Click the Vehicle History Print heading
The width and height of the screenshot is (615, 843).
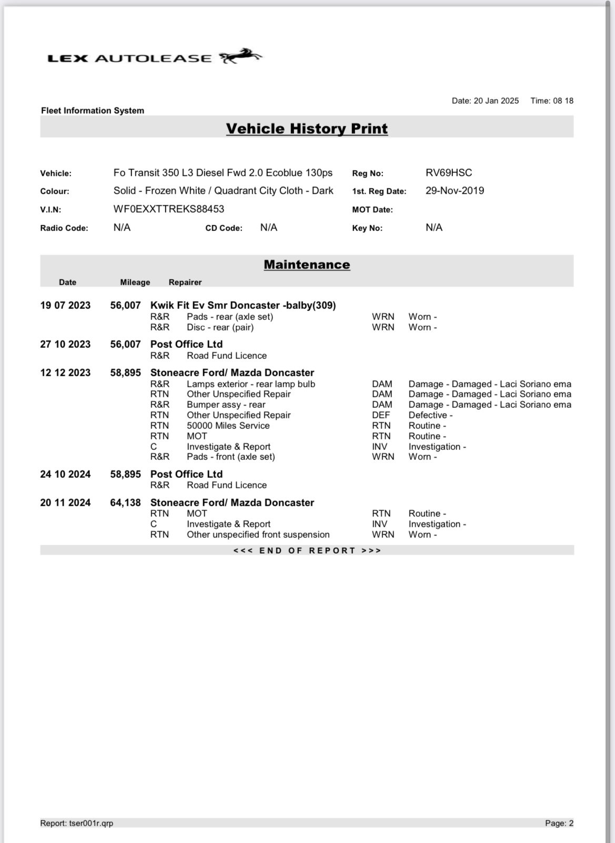[x=307, y=128]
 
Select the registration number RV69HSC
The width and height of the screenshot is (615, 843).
[x=449, y=173]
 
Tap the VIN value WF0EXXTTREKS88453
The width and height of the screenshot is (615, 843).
[x=169, y=209]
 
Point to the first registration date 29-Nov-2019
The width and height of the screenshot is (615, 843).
[x=455, y=190]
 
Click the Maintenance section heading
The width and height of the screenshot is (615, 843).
[x=307, y=265]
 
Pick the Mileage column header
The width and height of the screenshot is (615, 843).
[x=135, y=282]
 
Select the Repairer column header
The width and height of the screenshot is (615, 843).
[x=185, y=282]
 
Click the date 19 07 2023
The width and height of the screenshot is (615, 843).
[x=65, y=305]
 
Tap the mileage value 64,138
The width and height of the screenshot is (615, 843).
[x=125, y=503]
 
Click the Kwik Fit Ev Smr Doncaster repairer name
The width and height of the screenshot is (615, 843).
[x=243, y=305]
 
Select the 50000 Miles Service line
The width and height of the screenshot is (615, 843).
[x=228, y=426]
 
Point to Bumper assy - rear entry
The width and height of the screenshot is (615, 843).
[x=226, y=405]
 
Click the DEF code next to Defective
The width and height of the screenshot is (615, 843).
[x=381, y=415]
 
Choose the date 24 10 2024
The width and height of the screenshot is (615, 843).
[x=65, y=474]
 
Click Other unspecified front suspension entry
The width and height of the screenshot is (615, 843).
[x=258, y=535]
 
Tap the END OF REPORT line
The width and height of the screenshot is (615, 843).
[x=307, y=550]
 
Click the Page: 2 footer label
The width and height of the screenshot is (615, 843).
[x=559, y=823]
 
